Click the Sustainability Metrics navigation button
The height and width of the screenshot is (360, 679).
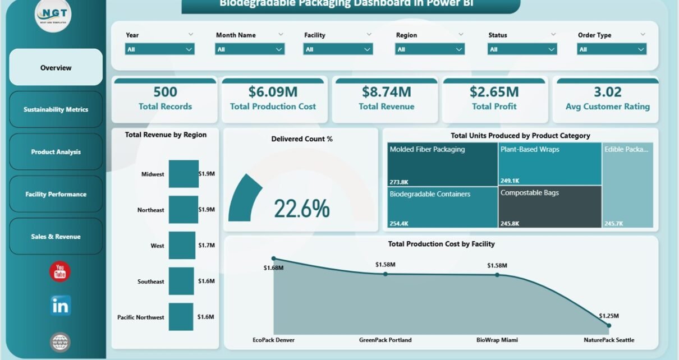(56, 109)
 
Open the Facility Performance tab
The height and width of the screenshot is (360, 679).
(56, 194)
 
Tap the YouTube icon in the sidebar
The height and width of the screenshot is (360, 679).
(60, 272)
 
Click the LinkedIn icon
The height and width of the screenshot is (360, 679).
(60, 306)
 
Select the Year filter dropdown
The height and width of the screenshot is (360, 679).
(160, 49)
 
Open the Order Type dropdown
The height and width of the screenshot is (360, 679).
(612, 49)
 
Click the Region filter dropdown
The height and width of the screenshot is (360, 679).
(430, 49)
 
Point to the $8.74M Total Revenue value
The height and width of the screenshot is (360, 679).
(387, 91)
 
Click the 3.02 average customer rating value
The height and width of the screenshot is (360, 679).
(607, 91)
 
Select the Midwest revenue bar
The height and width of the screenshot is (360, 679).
(183, 174)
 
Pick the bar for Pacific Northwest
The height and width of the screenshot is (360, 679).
(181, 317)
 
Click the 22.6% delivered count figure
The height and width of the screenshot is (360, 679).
(301, 209)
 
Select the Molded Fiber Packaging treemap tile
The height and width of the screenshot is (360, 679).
(442, 164)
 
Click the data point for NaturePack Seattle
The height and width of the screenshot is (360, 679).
(609, 325)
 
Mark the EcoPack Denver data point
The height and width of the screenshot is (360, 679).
(273, 259)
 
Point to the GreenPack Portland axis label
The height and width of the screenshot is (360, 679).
(385, 340)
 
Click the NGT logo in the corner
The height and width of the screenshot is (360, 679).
(53, 15)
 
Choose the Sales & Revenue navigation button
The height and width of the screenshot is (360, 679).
(56, 237)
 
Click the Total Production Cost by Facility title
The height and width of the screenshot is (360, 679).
(441, 244)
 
